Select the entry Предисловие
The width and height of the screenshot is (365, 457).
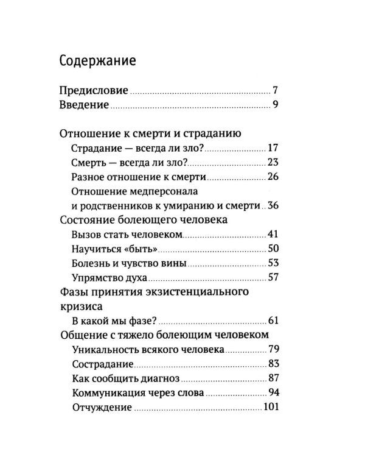tap(94, 91)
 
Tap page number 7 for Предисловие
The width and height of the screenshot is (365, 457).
tap(276, 91)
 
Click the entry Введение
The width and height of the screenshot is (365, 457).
tap(84, 106)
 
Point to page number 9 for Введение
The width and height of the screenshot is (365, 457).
tap(276, 106)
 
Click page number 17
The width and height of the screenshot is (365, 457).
tap(273, 148)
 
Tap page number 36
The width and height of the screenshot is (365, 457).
tap(273, 206)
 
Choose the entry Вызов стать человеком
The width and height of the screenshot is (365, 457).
tap(128, 235)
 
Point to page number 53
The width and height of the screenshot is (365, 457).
tap(273, 264)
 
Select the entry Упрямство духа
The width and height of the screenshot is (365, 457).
tap(110, 278)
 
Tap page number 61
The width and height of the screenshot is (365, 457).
tap(273, 321)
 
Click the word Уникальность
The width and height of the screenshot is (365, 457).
tap(103, 350)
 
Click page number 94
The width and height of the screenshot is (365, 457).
tap(273, 393)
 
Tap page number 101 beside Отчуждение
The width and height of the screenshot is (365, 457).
tap(271, 408)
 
